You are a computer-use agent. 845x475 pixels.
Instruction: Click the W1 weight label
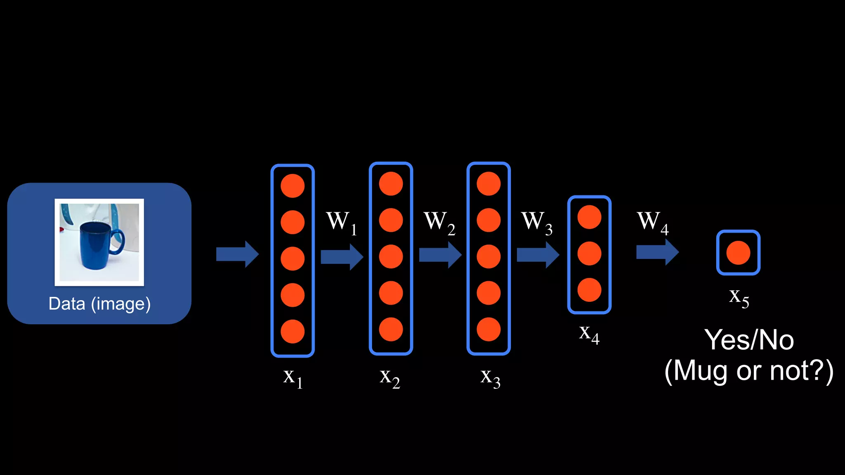[341, 223]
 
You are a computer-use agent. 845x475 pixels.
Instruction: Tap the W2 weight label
[439, 223]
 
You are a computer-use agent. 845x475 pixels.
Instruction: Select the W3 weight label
[536, 223]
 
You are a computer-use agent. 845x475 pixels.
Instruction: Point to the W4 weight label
[652, 223]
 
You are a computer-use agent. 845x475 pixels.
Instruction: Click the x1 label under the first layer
[293, 378]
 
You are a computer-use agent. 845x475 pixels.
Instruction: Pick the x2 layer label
[389, 378]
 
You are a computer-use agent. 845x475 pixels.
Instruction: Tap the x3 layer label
[490, 378]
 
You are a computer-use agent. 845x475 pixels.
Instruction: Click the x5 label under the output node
[739, 297]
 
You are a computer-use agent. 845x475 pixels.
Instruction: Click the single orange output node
[738, 253]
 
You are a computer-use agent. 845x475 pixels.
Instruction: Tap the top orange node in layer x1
[293, 186]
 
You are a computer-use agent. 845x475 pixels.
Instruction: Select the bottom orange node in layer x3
[489, 329]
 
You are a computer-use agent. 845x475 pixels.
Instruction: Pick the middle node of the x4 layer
[589, 254]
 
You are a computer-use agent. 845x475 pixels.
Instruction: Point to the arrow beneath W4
[657, 252]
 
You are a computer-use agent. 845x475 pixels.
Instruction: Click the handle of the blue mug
[118, 241]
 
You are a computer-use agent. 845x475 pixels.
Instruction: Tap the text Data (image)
[99, 304]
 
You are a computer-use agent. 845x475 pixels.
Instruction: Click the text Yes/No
[749, 340]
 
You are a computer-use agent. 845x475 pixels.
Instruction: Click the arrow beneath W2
[440, 255]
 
